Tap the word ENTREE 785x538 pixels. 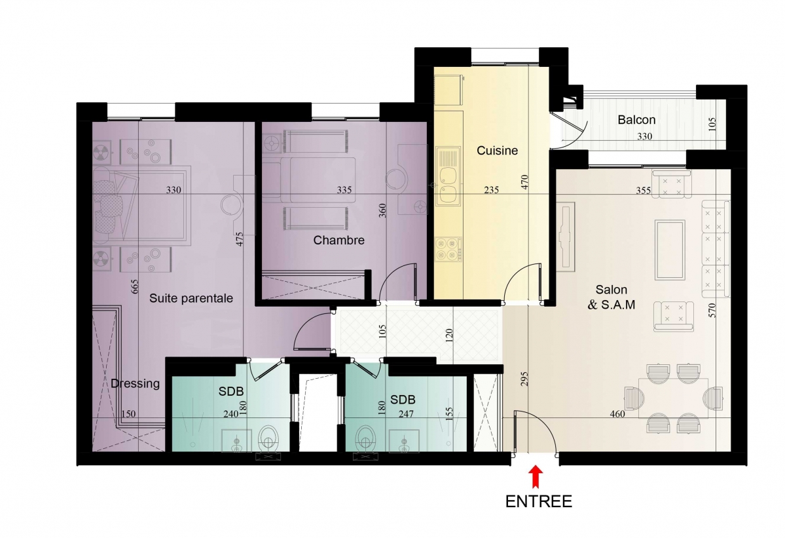click(539, 501)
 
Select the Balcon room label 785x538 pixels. click(636, 120)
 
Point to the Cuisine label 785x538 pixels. click(497, 150)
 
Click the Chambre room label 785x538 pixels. click(339, 240)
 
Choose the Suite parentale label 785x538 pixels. click(191, 298)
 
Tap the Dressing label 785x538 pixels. click(135, 384)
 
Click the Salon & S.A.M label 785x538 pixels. click(612, 297)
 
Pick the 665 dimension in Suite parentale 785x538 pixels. click(135, 286)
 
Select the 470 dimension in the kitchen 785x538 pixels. click(524, 182)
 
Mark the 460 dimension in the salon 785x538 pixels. click(617, 413)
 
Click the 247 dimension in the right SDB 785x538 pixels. click(406, 413)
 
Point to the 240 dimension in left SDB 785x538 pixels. click(231, 413)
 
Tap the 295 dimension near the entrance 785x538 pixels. click(524, 379)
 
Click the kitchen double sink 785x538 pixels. click(448, 176)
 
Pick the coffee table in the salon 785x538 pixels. click(670, 250)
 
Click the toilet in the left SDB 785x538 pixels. click(269, 439)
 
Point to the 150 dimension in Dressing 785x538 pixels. click(129, 413)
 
